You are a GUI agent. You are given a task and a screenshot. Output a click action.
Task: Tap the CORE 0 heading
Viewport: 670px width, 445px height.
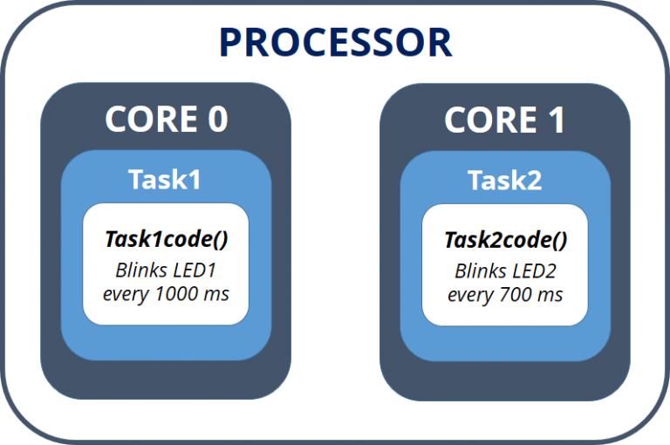167,120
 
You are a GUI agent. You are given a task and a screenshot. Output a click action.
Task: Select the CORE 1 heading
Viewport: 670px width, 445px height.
505,120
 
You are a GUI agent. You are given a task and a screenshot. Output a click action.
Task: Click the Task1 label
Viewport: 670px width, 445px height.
166,180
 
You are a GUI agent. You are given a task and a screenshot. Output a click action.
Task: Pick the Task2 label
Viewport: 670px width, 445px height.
505,180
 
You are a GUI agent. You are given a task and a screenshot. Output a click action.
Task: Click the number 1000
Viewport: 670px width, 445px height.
178,294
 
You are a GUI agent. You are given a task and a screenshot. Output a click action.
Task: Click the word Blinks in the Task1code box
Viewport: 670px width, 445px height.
141,270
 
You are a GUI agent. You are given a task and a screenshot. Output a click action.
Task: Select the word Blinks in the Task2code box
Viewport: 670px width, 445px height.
480,270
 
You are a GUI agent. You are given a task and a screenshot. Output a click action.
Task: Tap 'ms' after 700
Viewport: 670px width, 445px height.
550,294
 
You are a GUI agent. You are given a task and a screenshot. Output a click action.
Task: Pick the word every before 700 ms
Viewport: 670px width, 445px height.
472,294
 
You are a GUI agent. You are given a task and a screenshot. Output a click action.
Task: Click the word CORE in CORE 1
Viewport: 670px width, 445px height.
486,120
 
